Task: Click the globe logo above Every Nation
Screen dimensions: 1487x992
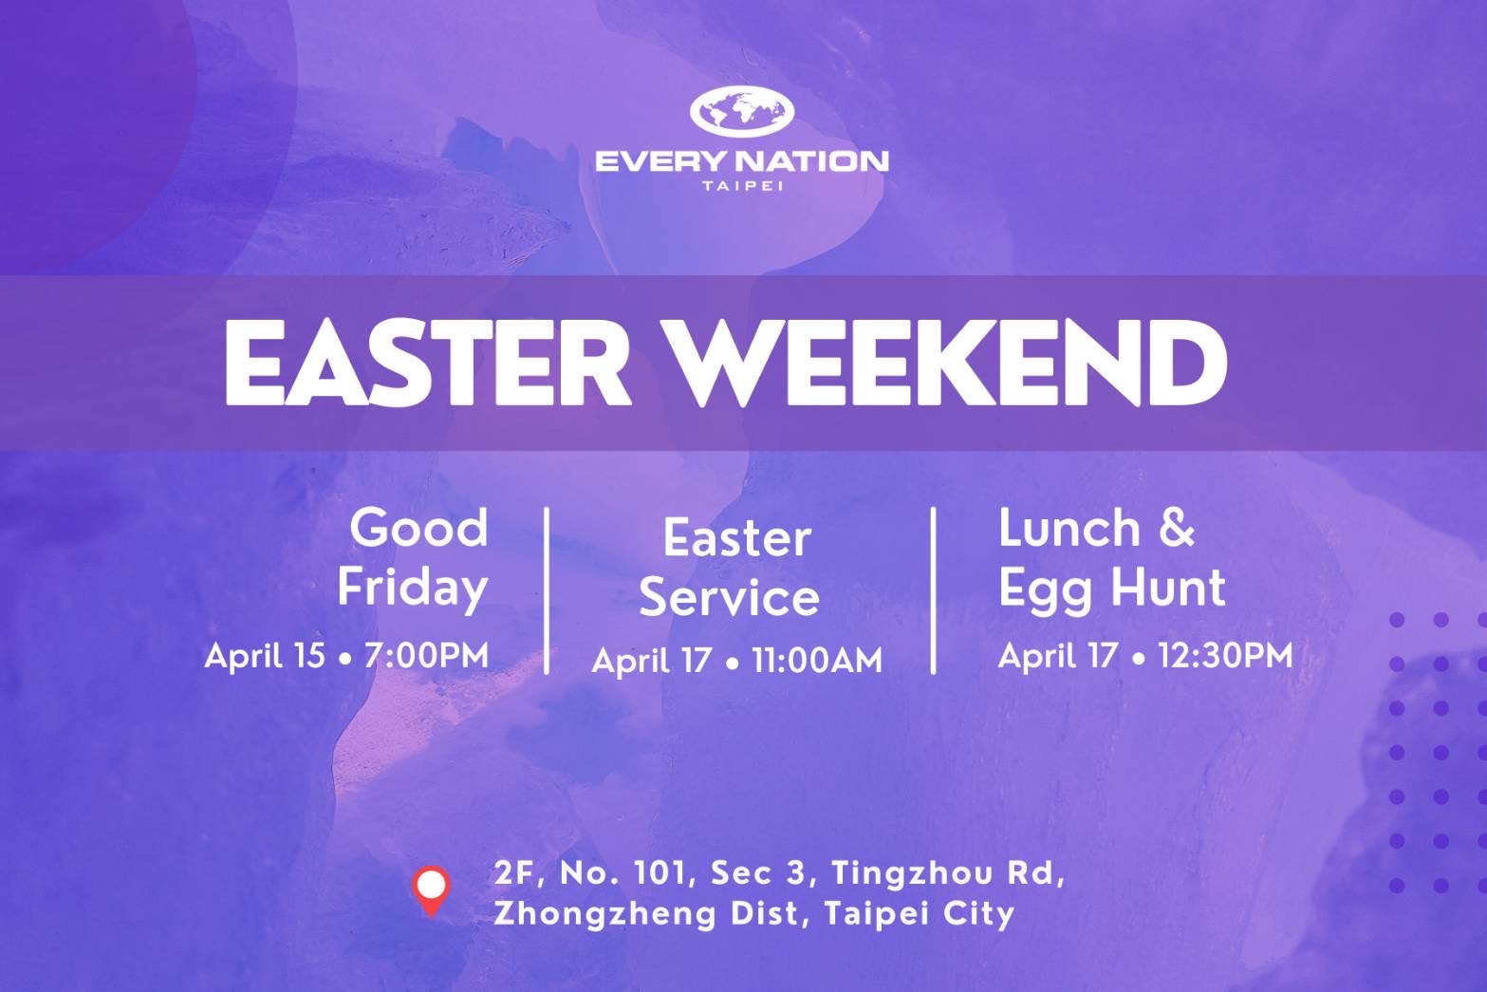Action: tap(741, 111)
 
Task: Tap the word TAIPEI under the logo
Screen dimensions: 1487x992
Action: tap(742, 186)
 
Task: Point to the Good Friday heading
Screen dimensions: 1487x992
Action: tap(413, 558)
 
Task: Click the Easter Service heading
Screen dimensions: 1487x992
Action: tap(730, 568)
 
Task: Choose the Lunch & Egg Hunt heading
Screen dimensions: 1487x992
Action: tap(1112, 558)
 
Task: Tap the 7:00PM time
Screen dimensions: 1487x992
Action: tap(426, 655)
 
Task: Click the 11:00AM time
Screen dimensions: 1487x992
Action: tap(816, 661)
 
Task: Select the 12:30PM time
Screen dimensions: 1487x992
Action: tap(1225, 655)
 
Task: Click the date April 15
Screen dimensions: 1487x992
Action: tap(265, 656)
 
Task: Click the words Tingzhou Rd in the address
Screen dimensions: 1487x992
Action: tap(948, 873)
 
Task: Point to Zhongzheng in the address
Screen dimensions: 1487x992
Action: tap(605, 914)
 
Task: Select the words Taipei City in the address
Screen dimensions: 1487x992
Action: tap(920, 914)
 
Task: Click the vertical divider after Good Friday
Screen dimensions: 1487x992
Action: tap(547, 591)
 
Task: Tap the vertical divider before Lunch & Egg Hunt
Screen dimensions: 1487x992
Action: tap(934, 591)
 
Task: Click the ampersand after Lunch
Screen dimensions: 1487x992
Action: tap(1177, 529)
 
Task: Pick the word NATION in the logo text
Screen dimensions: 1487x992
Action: tap(812, 162)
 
